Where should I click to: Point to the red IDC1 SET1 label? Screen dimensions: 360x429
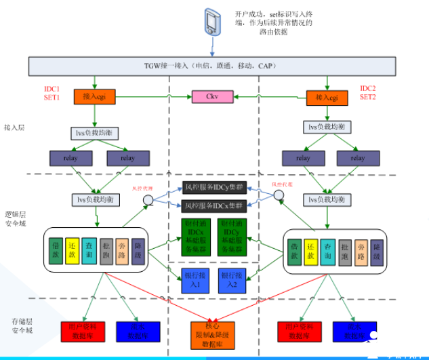[52, 93]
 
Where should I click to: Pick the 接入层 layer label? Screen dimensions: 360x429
[15, 127]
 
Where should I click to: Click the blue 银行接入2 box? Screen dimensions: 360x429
[232, 280]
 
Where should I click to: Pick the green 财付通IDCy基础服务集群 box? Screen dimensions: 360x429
[232, 237]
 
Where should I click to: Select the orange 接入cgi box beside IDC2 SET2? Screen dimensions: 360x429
[328, 97]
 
